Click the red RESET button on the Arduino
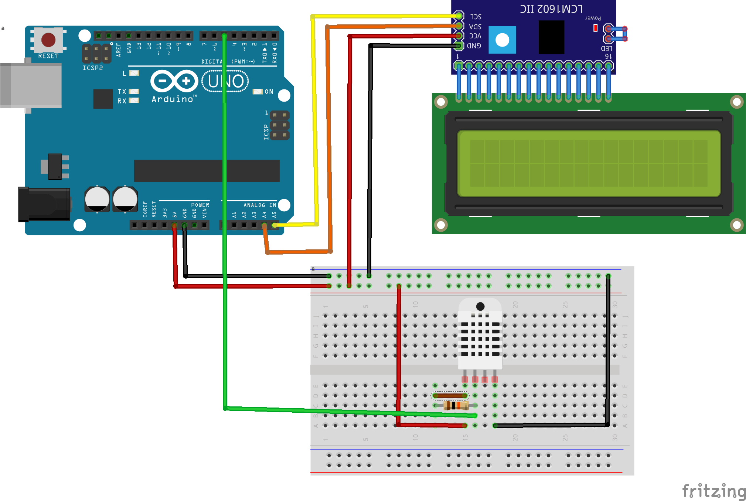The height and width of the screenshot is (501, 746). (48, 40)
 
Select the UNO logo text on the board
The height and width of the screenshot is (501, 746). (225, 81)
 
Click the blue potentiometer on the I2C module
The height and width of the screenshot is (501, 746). (502, 40)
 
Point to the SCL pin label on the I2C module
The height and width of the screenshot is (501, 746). (476, 17)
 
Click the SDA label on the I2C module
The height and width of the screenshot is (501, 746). (475, 27)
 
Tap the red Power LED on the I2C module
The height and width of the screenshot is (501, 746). (595, 28)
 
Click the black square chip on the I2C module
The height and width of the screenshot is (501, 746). (551, 37)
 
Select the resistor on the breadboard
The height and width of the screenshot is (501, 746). (456, 406)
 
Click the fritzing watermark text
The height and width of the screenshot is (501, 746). (713, 491)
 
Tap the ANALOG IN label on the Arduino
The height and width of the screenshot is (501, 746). (260, 205)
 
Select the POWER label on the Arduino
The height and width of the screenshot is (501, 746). (200, 205)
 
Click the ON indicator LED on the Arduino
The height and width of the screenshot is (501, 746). (258, 92)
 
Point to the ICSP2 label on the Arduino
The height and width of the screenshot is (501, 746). (92, 68)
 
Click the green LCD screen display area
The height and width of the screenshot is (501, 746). (589, 163)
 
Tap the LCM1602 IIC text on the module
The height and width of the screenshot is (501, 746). (551, 9)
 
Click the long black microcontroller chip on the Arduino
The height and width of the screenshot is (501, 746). (207, 171)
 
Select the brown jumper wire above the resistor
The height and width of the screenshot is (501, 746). (450, 396)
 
